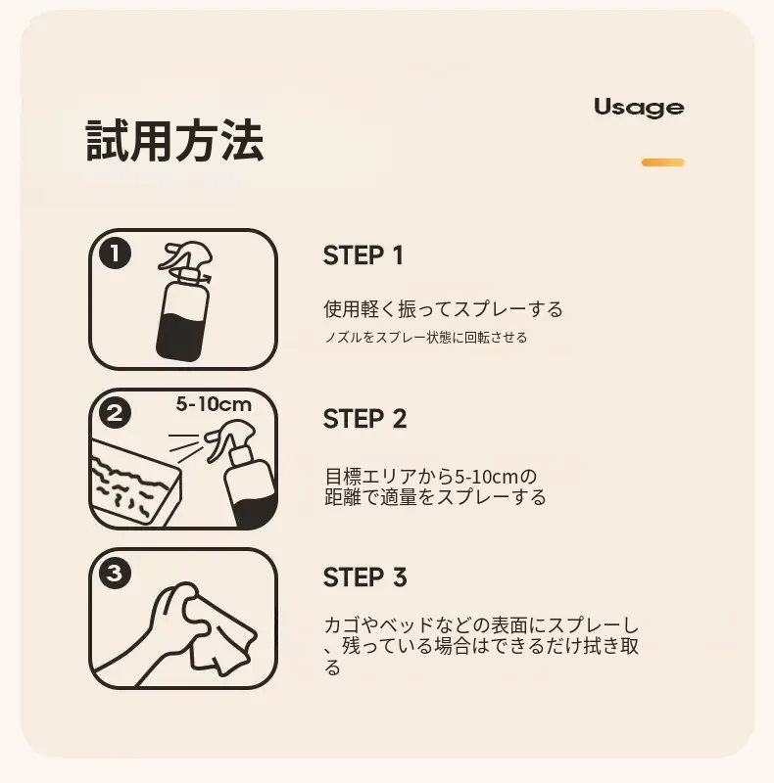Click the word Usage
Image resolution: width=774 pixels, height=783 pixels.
pyautogui.click(x=639, y=108)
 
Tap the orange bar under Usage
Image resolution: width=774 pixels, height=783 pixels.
pyautogui.click(x=663, y=162)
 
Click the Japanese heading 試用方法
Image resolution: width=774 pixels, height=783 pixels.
pyautogui.click(x=174, y=141)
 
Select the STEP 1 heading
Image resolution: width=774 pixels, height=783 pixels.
pyautogui.click(x=363, y=255)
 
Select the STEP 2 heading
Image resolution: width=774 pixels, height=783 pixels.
pyautogui.click(x=365, y=419)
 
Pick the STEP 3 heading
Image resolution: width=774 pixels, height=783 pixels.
pyautogui.click(x=365, y=577)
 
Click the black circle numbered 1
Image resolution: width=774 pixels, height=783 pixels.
pyautogui.click(x=115, y=253)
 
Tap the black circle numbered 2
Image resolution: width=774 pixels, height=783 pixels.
pyautogui.click(x=115, y=413)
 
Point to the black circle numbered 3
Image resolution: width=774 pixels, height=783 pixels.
pyautogui.click(x=115, y=573)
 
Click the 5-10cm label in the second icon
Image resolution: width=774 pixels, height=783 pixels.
pyautogui.click(x=214, y=404)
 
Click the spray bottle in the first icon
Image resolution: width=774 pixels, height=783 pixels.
pyautogui.click(x=183, y=301)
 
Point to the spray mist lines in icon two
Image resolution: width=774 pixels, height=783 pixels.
pyautogui.click(x=185, y=442)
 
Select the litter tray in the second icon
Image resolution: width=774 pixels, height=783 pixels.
pyautogui.click(x=135, y=483)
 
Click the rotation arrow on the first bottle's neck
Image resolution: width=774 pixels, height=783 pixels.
pyautogui.click(x=192, y=275)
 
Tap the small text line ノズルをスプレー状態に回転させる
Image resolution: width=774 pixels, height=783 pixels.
pyautogui.click(x=425, y=338)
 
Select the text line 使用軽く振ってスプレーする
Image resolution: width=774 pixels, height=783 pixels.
pyautogui.click(x=443, y=309)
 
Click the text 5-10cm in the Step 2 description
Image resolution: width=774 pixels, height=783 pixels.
pyautogui.click(x=486, y=477)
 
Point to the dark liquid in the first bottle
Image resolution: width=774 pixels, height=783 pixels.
pyautogui.click(x=180, y=337)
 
